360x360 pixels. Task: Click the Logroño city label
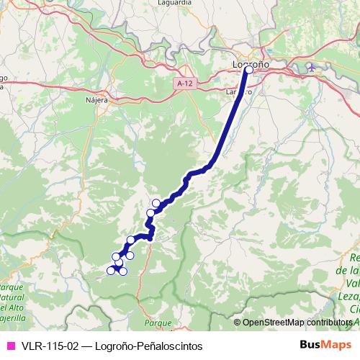(x=251, y=63)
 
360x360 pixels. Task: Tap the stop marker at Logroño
(x=249, y=70)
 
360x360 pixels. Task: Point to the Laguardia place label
(x=175, y=3)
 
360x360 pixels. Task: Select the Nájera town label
(x=96, y=100)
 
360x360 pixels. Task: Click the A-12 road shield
(x=184, y=84)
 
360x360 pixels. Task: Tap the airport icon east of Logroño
(x=311, y=68)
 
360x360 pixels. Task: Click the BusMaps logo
(x=324, y=345)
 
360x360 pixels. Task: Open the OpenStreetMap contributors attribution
(x=297, y=322)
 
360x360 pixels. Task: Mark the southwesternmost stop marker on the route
(x=111, y=270)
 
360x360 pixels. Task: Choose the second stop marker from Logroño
(x=156, y=204)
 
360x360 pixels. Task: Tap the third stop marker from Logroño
(x=151, y=212)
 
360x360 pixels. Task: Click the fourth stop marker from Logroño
(x=131, y=240)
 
